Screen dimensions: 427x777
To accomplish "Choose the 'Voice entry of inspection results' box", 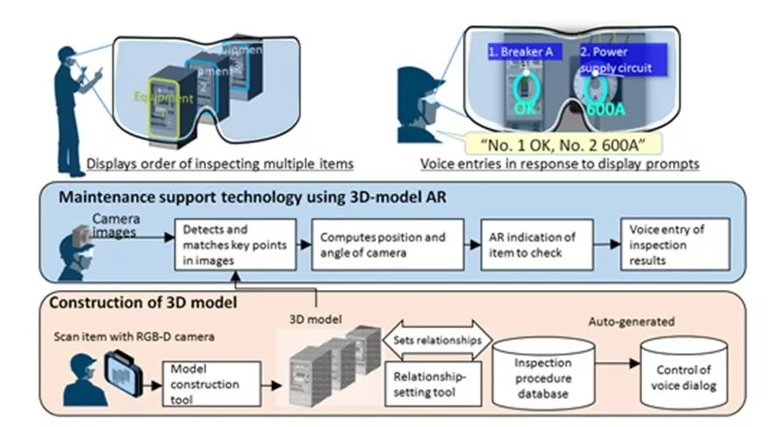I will pos(668,244).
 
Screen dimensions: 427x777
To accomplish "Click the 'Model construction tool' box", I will pos(207,379).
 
